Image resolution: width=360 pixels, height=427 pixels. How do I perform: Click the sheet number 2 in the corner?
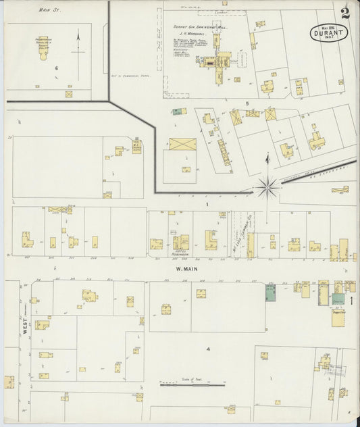(345, 11)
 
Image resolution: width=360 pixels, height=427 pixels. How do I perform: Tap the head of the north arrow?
(78, 32)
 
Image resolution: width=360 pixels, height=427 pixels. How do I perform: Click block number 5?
(247, 103)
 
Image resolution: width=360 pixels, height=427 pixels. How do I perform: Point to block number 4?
(209, 349)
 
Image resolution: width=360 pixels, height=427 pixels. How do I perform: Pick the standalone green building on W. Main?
(270, 293)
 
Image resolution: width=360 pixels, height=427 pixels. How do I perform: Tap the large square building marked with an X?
(182, 145)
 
